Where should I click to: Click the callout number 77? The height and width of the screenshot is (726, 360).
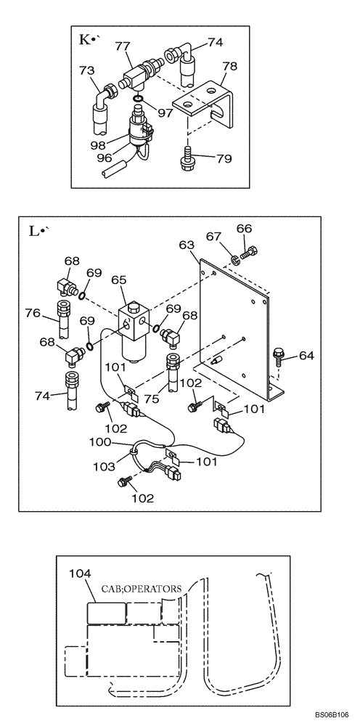123,46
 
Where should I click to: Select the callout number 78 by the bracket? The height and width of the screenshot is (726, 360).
229,65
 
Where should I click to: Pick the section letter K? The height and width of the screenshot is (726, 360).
83,41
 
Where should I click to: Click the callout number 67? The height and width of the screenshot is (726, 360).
213,236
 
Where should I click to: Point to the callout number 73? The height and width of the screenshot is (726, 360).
87,70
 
